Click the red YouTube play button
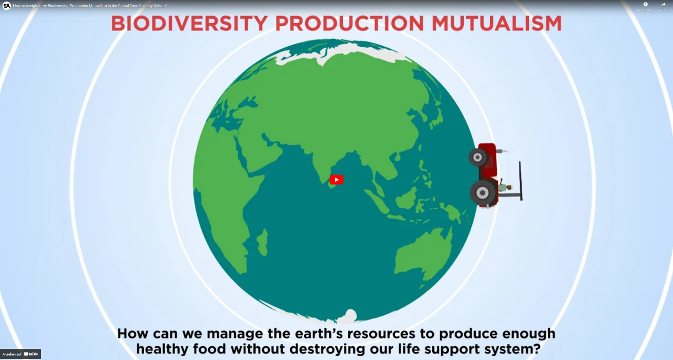click(336, 180)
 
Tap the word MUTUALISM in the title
click(497, 23)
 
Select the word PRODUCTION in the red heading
click(350, 23)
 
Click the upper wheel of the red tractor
click(477, 157)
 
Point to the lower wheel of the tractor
click(482, 193)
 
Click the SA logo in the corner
click(7, 6)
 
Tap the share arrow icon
click(663, 4)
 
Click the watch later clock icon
click(645, 4)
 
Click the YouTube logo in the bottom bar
click(31, 354)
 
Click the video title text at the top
click(90, 6)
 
